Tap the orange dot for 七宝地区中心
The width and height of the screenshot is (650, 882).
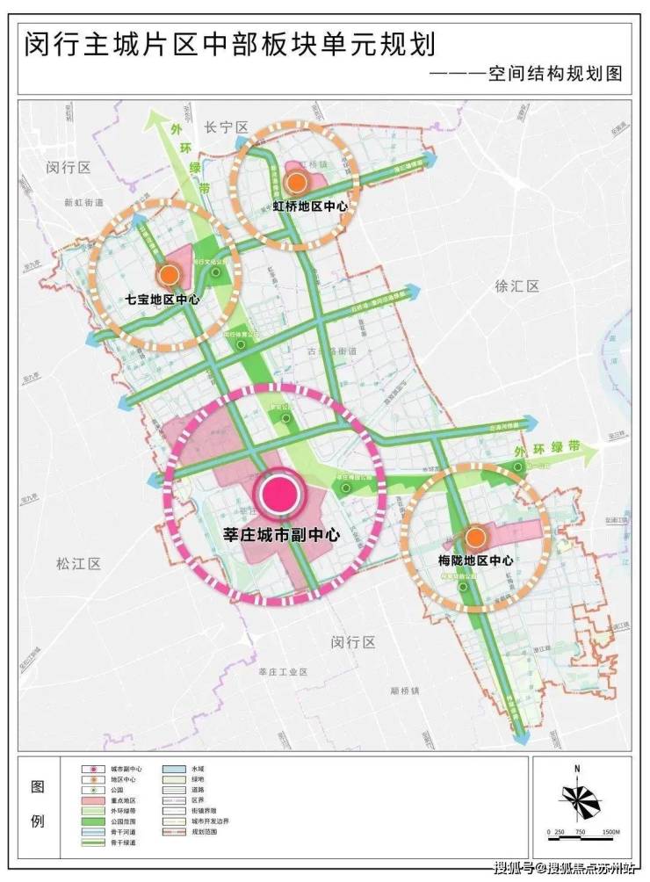168,275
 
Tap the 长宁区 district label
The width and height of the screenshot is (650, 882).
227,127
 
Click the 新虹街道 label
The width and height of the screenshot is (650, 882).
83,202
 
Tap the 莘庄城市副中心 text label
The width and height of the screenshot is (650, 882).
277,533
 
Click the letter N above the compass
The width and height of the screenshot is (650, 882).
577,770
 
